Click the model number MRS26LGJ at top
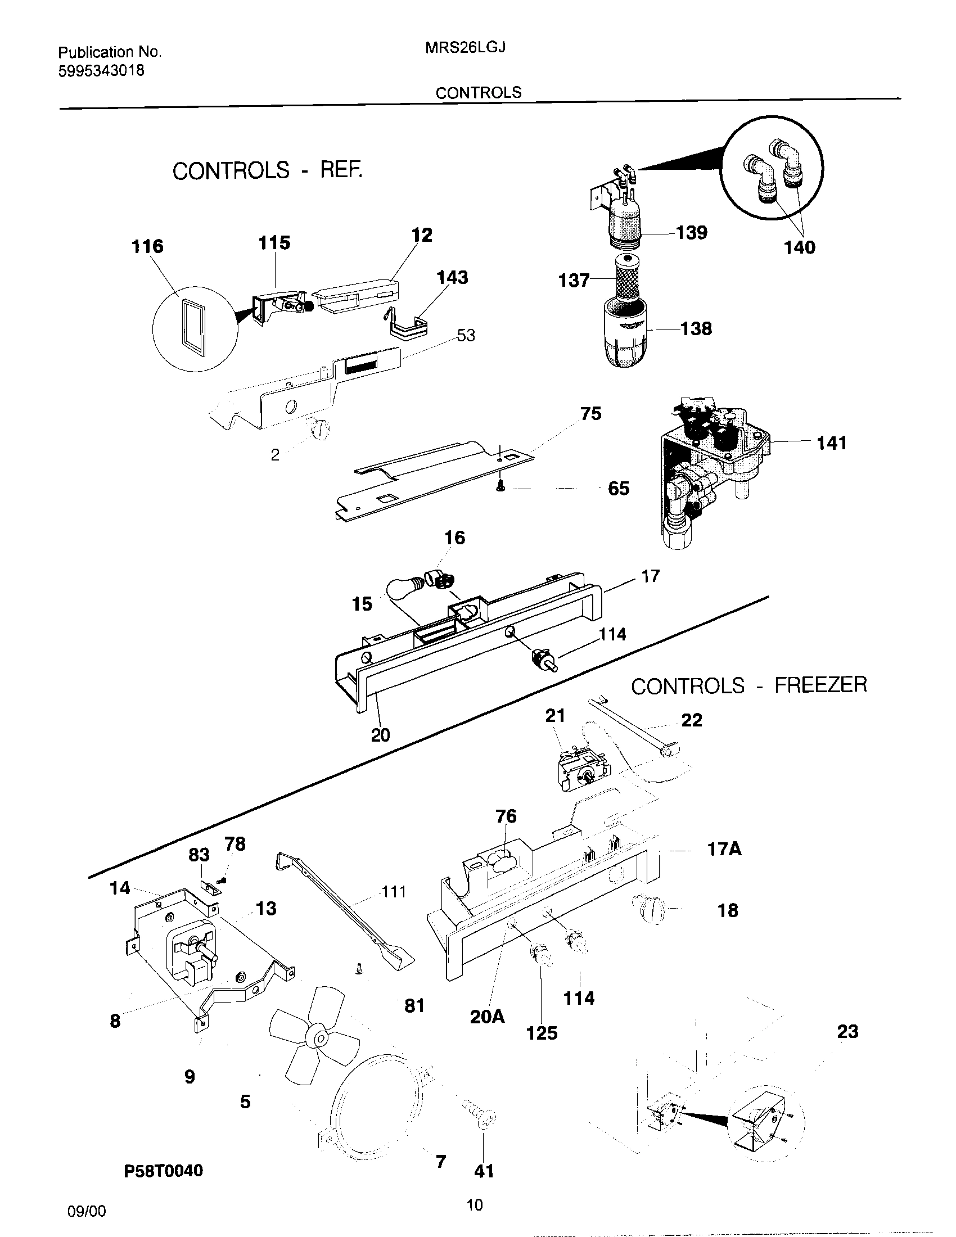(x=465, y=48)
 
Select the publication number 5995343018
(x=101, y=71)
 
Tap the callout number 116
(x=147, y=246)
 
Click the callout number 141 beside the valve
(x=831, y=443)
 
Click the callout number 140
(x=799, y=247)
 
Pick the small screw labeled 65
(x=500, y=485)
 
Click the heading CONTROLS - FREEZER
(x=748, y=686)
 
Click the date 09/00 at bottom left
(x=86, y=1211)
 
